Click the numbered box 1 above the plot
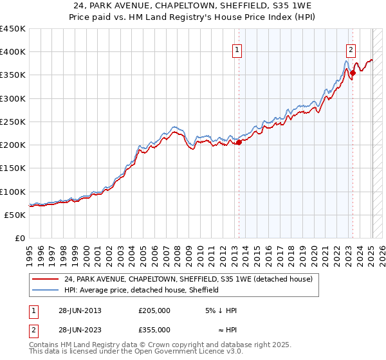pos(237,51)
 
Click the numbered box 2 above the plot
pos(351,51)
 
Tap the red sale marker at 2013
pos(239,143)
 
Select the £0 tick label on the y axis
pos(19,239)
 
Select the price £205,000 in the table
pos(154,310)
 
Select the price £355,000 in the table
pos(154,329)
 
